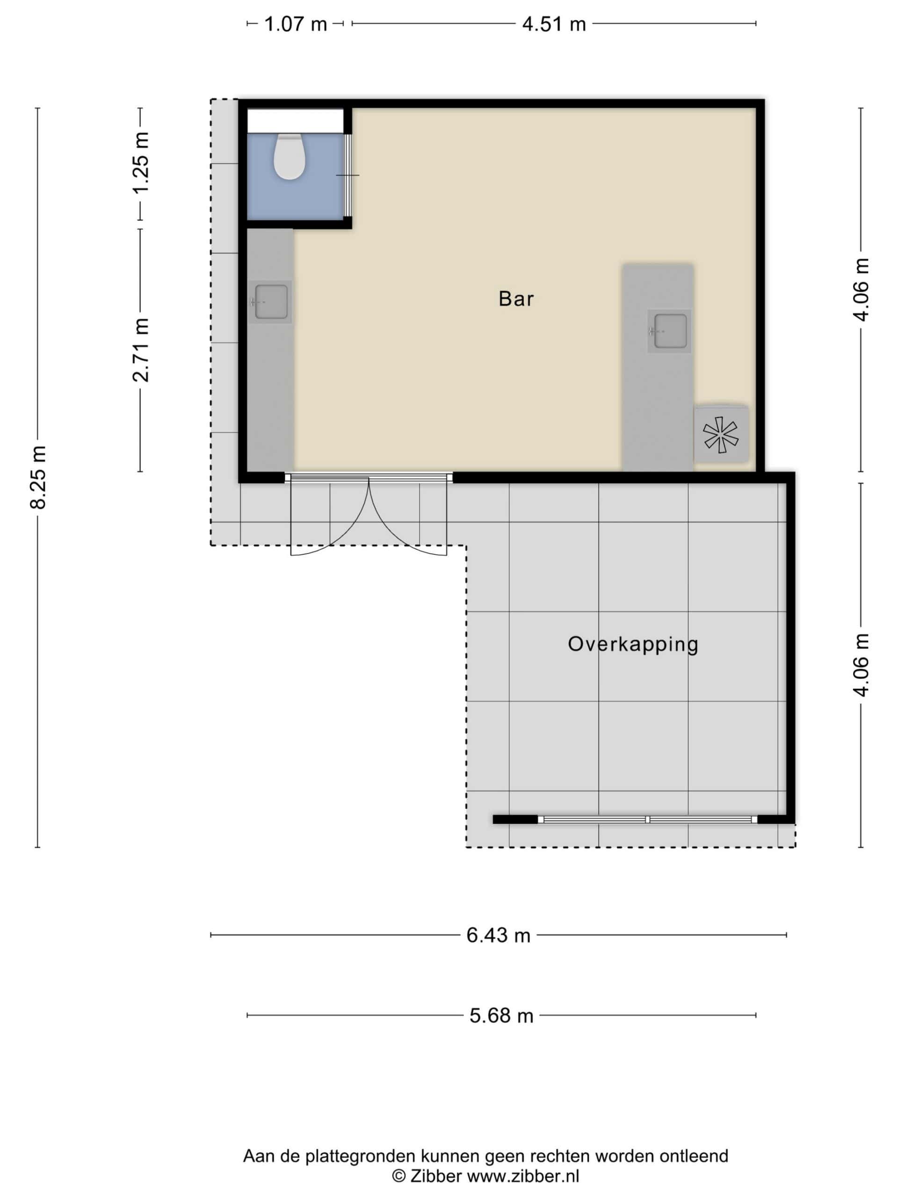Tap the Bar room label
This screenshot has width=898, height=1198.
coord(516,299)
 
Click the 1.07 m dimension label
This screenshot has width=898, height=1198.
coord(296,24)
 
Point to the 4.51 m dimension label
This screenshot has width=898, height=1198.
coord(554,24)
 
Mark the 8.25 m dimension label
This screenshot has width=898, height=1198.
coord(38,478)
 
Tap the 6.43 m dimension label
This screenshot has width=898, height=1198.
coord(498,935)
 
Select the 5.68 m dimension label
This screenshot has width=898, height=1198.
coord(501,1015)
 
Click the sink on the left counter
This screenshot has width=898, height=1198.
coord(271,302)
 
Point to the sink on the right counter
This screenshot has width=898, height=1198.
coord(670,331)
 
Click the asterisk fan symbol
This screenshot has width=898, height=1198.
coord(720,434)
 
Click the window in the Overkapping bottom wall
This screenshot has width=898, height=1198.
coord(648,819)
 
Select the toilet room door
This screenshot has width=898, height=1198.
coord(348,175)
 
